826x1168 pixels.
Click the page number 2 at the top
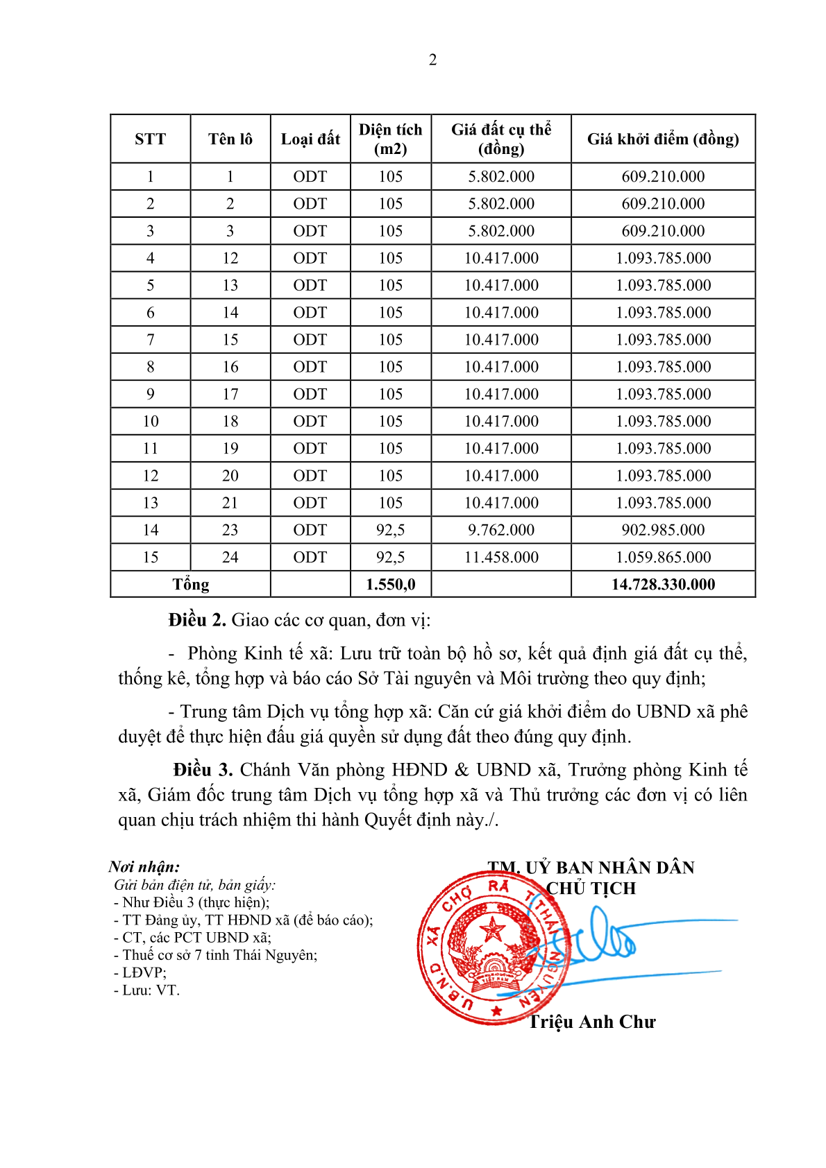tap(432, 60)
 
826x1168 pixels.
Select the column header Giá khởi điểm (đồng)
tap(663, 139)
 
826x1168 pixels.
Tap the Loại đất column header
tap(310, 139)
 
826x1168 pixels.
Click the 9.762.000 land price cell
tap(501, 530)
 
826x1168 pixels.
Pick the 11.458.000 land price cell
tap(501, 557)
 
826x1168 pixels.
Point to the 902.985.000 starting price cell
tap(663, 530)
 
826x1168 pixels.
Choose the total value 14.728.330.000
tap(663, 584)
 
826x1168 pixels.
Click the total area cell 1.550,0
tap(391, 584)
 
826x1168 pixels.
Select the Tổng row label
tap(191, 584)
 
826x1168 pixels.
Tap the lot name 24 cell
tap(230, 557)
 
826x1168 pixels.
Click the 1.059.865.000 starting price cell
tap(663, 557)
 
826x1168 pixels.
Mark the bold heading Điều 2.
tap(197, 620)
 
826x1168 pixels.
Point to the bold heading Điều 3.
tap(203, 770)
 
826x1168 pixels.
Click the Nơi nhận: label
tap(144, 866)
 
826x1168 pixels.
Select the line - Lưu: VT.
tap(146, 990)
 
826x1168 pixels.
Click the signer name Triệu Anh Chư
tap(592, 1022)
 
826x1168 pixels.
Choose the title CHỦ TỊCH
tap(591, 888)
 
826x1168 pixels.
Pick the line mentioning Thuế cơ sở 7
tap(215, 955)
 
